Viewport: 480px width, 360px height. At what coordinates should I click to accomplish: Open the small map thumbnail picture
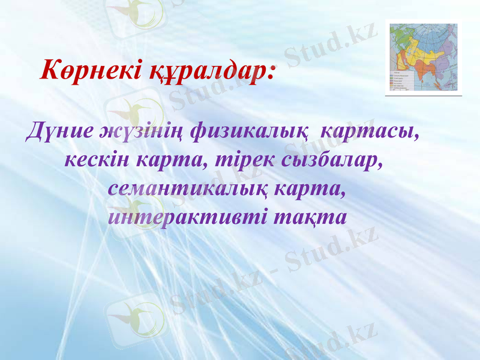pyautogui.click(x=424, y=57)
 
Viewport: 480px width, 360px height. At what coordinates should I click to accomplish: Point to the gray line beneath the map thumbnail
pyautogui.click(x=424, y=95)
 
